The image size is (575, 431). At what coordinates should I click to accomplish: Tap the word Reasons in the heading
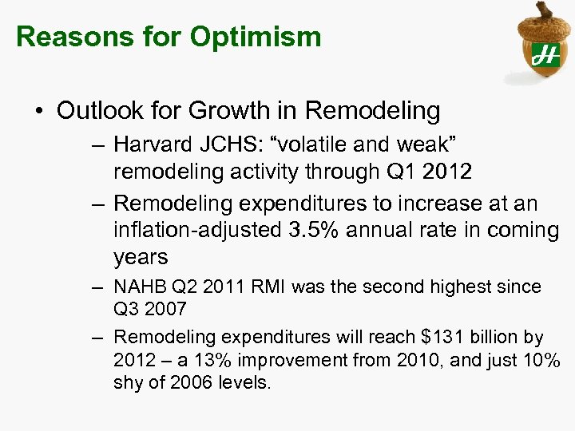[66, 37]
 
